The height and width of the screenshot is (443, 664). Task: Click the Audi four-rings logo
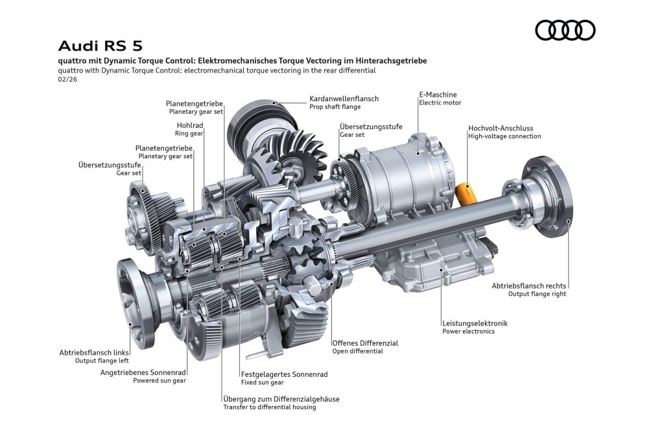(x=565, y=30)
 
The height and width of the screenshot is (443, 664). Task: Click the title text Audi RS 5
(x=100, y=46)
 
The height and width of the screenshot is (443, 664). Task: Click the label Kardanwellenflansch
(x=344, y=99)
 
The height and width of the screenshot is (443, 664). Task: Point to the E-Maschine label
(x=438, y=95)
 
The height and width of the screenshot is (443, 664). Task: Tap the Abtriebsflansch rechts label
(x=528, y=285)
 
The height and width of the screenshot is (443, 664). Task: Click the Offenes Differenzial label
(x=364, y=342)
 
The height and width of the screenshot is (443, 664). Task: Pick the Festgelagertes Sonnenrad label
(x=284, y=374)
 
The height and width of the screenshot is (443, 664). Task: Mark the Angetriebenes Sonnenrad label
(x=143, y=372)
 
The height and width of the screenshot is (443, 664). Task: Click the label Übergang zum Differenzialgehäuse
(x=281, y=399)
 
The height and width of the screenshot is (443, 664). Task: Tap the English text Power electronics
(x=468, y=331)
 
